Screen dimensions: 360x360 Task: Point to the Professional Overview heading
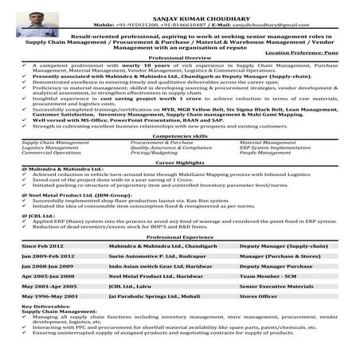[x=180, y=58]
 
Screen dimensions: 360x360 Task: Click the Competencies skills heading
[x=180, y=136]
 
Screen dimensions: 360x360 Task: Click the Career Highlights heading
[x=180, y=162]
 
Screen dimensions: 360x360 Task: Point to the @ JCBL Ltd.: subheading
[x=40, y=216]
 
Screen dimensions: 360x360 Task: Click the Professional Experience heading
[x=180, y=237]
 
